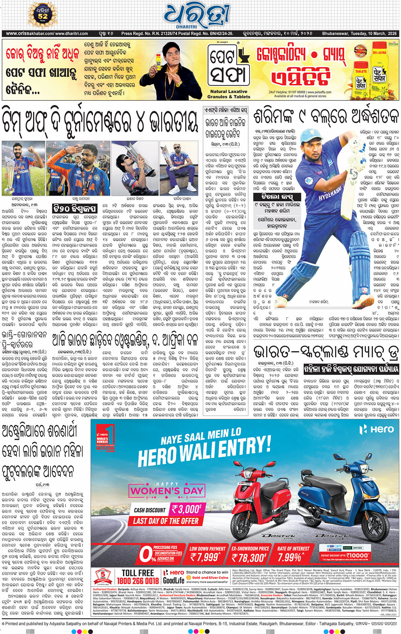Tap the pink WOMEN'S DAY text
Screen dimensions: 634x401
click(167, 491)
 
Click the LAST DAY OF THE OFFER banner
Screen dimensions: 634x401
click(165, 521)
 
